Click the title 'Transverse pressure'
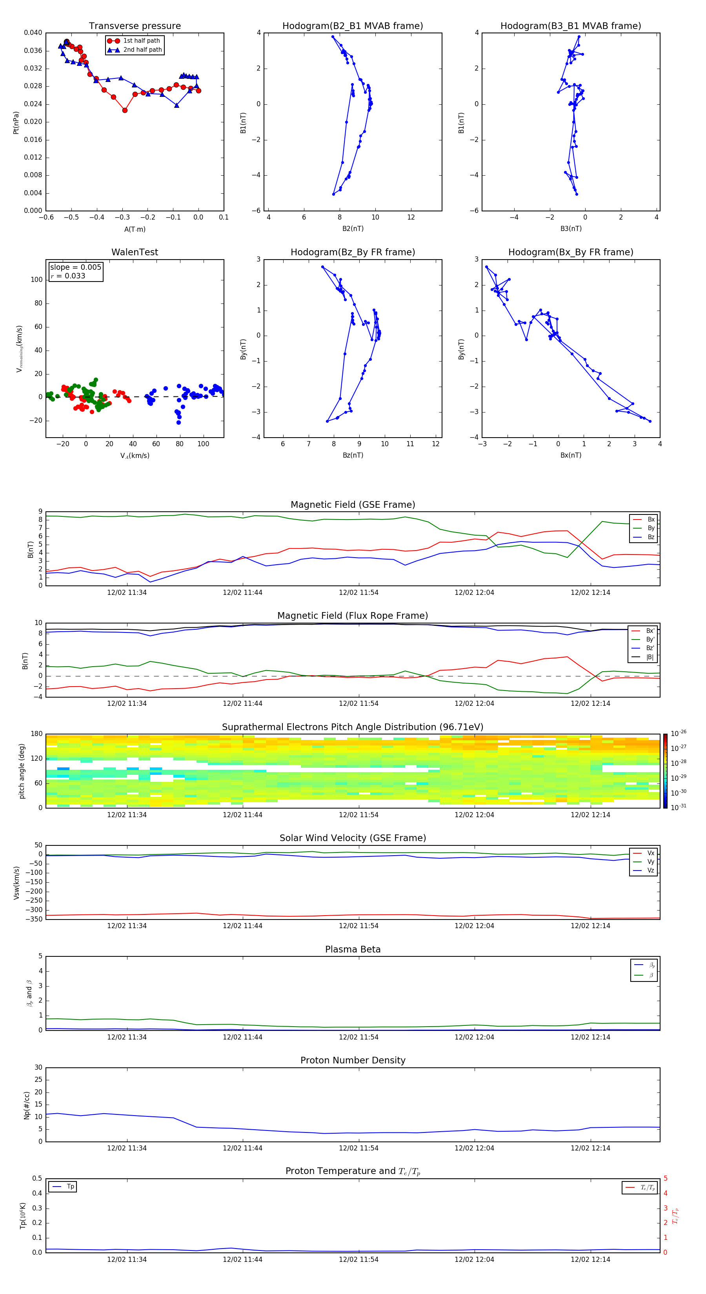click(x=135, y=25)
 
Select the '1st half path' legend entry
click(x=141, y=41)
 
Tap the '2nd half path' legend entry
click(x=142, y=50)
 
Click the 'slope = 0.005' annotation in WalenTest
click(x=75, y=267)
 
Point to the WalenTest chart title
click(x=135, y=252)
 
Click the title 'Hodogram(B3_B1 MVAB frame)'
click(x=570, y=25)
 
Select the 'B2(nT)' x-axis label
click(x=353, y=229)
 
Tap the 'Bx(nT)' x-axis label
click(x=570, y=455)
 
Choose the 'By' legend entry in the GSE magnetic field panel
click(x=651, y=528)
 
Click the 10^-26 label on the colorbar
click(x=679, y=733)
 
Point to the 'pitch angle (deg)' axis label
click(x=22, y=771)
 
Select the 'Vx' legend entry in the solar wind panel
click(x=651, y=853)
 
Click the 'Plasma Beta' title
click(x=353, y=949)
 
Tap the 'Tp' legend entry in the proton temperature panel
click(x=70, y=1187)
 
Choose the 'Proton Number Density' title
click(x=353, y=1060)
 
